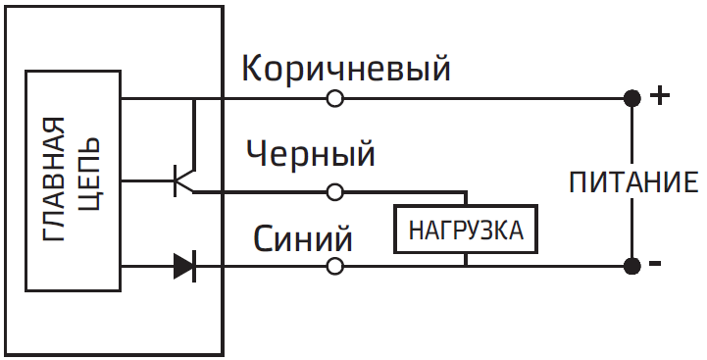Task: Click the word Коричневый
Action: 345,69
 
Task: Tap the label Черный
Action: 311,154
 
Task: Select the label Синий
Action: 303,238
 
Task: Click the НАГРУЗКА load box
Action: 466,232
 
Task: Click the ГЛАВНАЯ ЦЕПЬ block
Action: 74,180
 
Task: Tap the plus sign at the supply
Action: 661,96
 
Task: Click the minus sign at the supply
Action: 656,264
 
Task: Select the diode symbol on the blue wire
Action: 184,266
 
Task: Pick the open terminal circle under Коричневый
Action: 334,98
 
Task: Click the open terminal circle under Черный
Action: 334,192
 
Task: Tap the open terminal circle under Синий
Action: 334,266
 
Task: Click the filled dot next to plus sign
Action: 632,98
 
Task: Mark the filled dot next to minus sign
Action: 632,266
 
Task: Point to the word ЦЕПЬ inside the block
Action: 88,180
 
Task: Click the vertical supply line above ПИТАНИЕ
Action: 632,132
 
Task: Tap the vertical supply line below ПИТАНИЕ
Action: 632,231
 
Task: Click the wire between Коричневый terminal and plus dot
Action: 480,98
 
